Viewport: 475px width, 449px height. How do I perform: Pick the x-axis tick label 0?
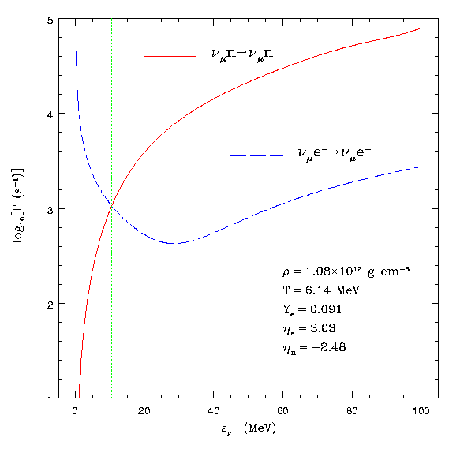(x=75, y=410)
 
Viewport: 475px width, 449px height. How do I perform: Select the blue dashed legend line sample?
(x=256, y=156)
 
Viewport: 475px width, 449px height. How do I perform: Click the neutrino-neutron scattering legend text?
(x=241, y=54)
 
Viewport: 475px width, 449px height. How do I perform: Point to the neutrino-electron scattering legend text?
(x=335, y=154)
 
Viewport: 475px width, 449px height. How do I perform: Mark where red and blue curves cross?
(x=111, y=207)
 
